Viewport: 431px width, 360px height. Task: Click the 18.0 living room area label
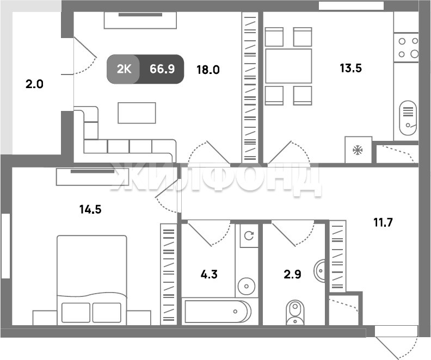(x=208, y=70)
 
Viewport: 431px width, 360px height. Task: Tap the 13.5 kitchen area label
(x=351, y=68)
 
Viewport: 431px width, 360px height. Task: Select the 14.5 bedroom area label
(x=90, y=209)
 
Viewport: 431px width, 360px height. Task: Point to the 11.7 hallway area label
(x=383, y=222)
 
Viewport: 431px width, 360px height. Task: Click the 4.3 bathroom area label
(x=209, y=274)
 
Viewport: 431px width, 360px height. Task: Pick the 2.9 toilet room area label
(x=292, y=274)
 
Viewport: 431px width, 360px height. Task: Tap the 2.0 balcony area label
(x=34, y=84)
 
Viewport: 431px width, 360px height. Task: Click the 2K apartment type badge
(x=124, y=69)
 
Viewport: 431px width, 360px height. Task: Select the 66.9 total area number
(x=162, y=69)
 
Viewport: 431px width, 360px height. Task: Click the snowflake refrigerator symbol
(x=358, y=150)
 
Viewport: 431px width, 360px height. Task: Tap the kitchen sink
(x=408, y=118)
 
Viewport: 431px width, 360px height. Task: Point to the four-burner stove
(x=406, y=47)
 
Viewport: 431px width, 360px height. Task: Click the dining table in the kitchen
(x=288, y=66)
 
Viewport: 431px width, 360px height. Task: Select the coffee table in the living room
(x=137, y=113)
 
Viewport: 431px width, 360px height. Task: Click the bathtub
(x=218, y=312)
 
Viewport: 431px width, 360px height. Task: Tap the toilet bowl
(x=295, y=313)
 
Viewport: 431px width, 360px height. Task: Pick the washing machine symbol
(x=249, y=235)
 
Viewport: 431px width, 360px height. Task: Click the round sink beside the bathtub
(x=247, y=287)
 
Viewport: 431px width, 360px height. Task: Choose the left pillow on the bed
(x=76, y=313)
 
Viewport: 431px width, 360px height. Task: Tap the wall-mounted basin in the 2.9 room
(x=319, y=271)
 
